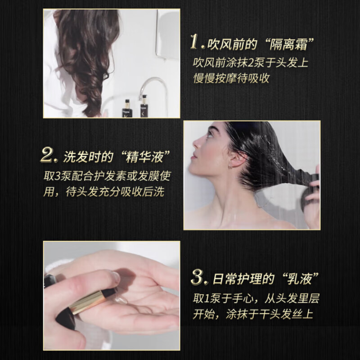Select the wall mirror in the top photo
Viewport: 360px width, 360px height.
(167, 34)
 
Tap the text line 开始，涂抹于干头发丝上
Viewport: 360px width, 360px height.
(254, 315)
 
